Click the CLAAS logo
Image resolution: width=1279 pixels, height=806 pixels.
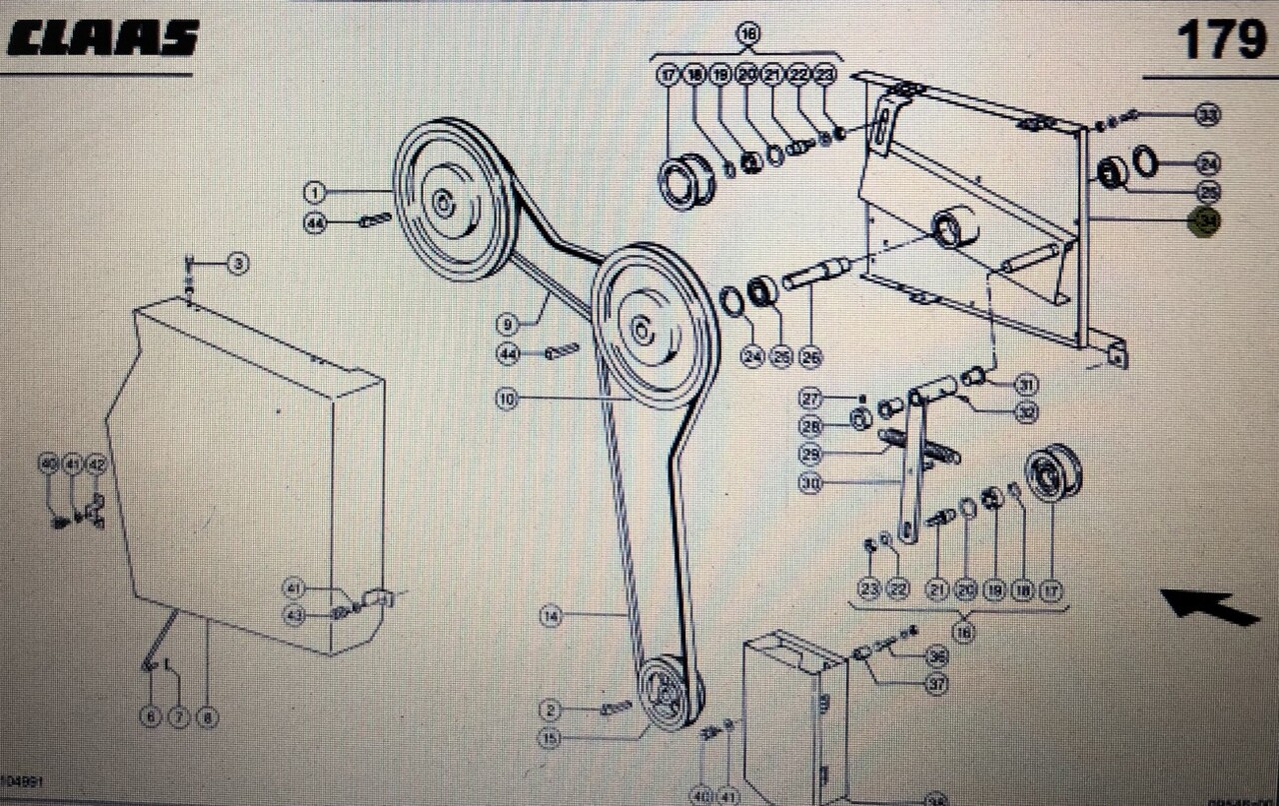click(x=103, y=39)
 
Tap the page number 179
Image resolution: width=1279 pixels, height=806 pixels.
click(x=1220, y=41)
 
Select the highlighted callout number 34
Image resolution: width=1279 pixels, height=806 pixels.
click(x=1205, y=222)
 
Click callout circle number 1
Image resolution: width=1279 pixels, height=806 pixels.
click(x=315, y=191)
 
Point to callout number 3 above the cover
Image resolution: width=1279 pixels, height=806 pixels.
click(x=237, y=264)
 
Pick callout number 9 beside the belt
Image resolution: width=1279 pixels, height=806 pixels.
click(x=508, y=323)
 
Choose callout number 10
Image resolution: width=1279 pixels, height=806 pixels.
click(x=508, y=399)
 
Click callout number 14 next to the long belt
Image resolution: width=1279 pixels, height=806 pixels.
click(x=551, y=616)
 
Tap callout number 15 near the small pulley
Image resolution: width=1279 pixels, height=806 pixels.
click(x=550, y=739)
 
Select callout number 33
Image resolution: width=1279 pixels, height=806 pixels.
click(x=1208, y=115)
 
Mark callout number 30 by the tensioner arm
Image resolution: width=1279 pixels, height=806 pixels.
click(x=812, y=483)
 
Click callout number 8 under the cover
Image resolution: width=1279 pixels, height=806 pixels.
click(x=207, y=717)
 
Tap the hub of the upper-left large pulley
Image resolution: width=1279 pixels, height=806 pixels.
click(x=440, y=201)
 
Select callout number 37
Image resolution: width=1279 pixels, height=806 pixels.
click(x=936, y=684)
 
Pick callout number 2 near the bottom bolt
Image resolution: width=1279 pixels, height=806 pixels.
click(x=551, y=710)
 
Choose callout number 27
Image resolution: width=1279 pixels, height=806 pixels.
click(x=809, y=398)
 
